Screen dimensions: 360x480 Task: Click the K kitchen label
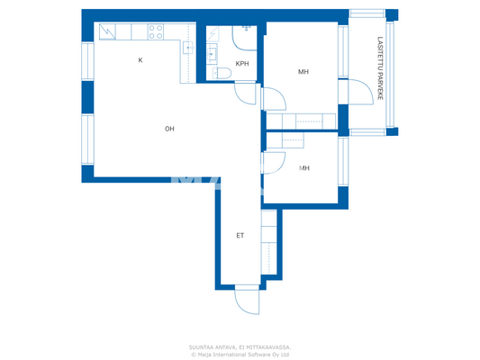click(x=140, y=60)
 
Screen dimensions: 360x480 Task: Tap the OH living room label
click(x=168, y=129)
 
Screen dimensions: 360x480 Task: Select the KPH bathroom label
click(x=241, y=63)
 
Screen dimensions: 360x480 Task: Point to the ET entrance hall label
click(x=240, y=236)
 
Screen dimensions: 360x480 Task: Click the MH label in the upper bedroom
click(x=304, y=71)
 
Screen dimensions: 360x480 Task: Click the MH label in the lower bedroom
click(x=304, y=167)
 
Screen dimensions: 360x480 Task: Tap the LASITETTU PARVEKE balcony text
click(x=381, y=67)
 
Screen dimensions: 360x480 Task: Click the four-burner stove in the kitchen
click(x=154, y=31)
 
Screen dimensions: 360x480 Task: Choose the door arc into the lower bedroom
click(x=271, y=163)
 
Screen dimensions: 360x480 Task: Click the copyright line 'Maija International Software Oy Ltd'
click(x=240, y=354)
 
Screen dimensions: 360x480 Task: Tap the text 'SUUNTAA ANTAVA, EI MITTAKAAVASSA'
click(x=240, y=346)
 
